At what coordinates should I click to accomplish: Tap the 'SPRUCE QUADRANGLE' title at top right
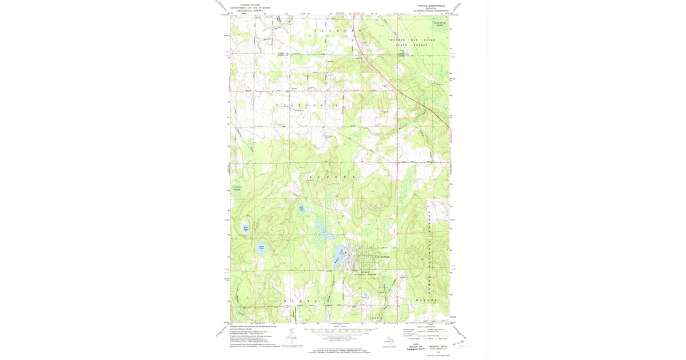(x=435, y=5)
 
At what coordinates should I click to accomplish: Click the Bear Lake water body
(x=246, y=227)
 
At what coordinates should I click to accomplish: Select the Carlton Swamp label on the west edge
(x=236, y=188)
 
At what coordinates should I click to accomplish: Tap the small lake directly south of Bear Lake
(x=261, y=248)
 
